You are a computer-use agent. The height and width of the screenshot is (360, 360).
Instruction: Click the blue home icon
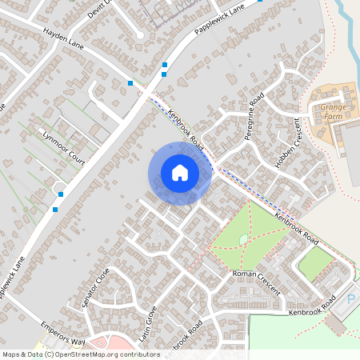tap(179, 173)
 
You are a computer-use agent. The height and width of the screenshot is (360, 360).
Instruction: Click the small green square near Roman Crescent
tap(314, 262)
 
